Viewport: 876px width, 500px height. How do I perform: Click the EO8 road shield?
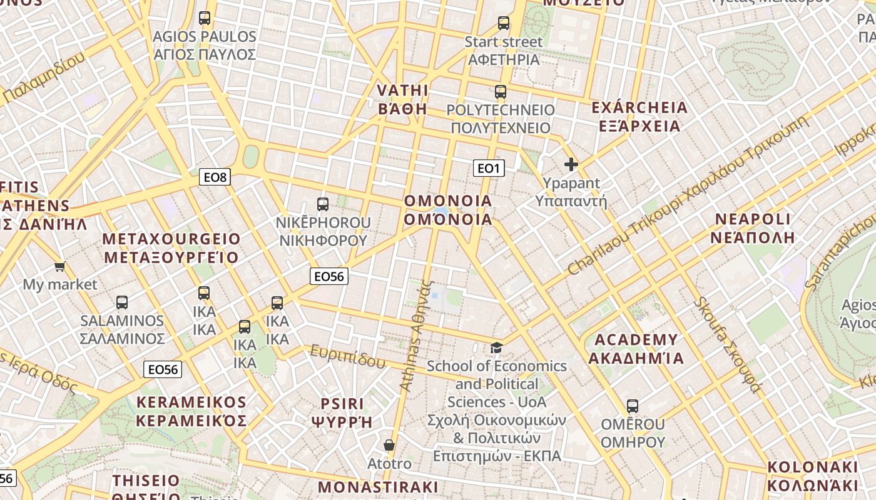tap(215, 177)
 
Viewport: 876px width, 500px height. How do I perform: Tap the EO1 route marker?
tap(489, 168)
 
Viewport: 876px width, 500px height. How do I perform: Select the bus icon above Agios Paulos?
tap(205, 18)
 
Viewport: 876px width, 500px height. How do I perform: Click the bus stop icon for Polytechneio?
tap(501, 92)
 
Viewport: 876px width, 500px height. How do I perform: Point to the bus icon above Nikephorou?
tap(323, 204)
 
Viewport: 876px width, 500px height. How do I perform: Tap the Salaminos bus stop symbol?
tap(122, 302)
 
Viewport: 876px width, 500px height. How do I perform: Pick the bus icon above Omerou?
tap(633, 406)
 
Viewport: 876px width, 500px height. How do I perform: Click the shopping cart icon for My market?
tap(60, 267)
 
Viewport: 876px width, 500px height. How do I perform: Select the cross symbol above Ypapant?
tap(571, 164)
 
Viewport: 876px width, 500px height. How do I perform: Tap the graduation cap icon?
tap(497, 347)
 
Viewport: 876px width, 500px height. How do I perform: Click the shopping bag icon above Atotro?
tap(389, 445)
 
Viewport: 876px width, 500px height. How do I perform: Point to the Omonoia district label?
tap(448, 210)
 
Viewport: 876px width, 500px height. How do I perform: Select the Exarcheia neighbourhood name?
tap(639, 117)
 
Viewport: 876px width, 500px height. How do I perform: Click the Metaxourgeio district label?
tap(171, 248)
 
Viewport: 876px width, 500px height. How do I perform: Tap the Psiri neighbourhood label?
tap(342, 412)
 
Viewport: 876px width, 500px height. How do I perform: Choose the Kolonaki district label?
tap(812, 476)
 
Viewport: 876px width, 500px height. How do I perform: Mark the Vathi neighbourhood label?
tap(402, 99)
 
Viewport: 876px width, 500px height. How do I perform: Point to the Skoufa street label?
tap(727, 346)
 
